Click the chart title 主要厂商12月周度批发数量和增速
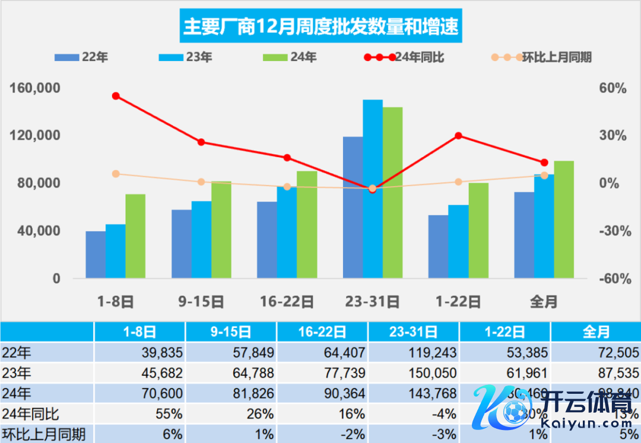tap(321, 27)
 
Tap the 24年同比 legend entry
tap(404, 58)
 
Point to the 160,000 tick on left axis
tap(36, 88)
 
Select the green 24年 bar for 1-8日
tap(135, 236)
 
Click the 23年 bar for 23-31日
tap(373, 189)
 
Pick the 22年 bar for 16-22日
tap(267, 240)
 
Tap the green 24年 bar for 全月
tap(564, 219)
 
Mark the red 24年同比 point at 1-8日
tap(116, 96)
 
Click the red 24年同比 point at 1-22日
tap(458, 136)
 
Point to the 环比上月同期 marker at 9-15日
tap(201, 182)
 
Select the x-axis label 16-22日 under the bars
tap(287, 301)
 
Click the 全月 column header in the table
tap(596, 332)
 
